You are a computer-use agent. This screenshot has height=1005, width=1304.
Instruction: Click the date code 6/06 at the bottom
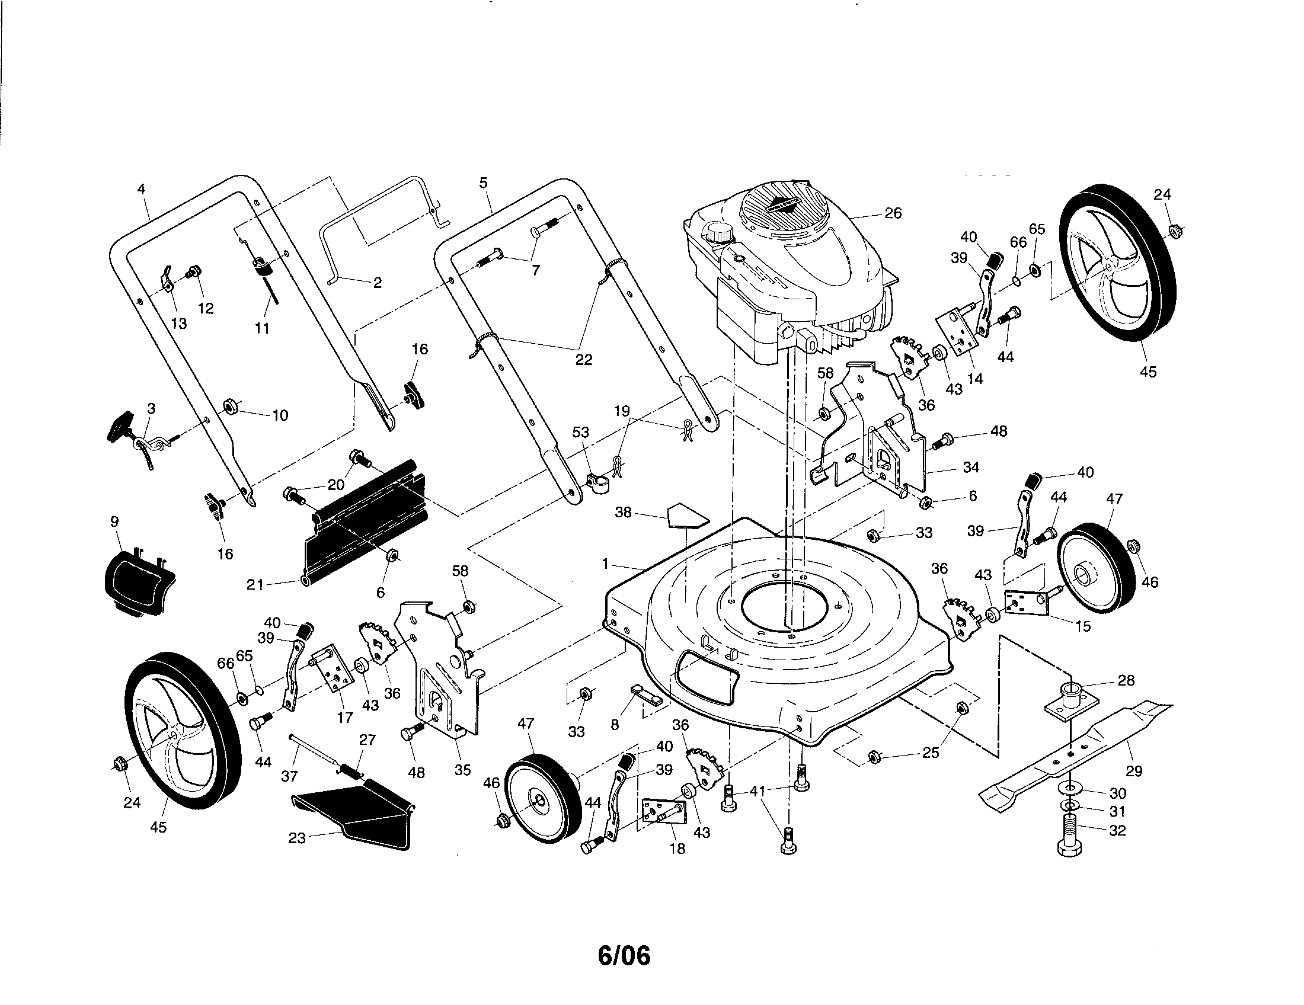pos(624,955)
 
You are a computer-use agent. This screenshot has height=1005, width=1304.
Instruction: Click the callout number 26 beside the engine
pos(893,213)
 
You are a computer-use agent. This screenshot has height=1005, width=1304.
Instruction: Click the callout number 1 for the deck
pos(605,564)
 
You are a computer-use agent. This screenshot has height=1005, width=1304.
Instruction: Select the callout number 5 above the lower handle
pos(483,183)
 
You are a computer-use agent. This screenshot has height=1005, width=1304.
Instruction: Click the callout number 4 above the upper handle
pos(141,189)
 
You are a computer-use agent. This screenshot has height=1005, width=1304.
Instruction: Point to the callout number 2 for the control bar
pos(377,283)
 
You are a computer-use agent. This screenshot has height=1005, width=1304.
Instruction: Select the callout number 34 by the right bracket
pos(971,468)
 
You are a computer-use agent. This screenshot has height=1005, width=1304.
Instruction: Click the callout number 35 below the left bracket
pos(463,770)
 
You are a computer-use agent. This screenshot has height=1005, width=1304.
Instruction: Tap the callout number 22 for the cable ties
pos(583,360)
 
